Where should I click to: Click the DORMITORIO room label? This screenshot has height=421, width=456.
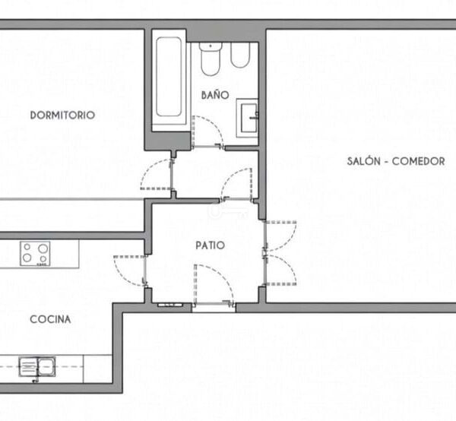click(x=62, y=116)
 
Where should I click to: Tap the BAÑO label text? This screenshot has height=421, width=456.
click(x=215, y=95)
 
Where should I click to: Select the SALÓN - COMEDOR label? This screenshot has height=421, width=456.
click(x=396, y=161)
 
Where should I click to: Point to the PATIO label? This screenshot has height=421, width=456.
click(x=211, y=245)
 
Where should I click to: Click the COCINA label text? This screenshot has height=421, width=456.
click(x=50, y=319)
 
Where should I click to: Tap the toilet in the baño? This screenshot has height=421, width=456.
click(x=211, y=59)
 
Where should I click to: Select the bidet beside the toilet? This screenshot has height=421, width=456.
click(x=240, y=55)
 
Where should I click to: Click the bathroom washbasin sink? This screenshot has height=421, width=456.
click(x=247, y=118)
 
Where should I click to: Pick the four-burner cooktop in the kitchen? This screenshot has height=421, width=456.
click(x=35, y=254)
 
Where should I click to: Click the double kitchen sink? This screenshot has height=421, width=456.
click(x=37, y=366)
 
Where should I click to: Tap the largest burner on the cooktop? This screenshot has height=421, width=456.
click(x=43, y=248)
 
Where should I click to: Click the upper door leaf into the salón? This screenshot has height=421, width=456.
click(x=280, y=236)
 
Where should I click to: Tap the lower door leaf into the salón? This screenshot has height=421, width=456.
click(x=280, y=270)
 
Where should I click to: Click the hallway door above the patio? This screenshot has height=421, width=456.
click(x=236, y=185)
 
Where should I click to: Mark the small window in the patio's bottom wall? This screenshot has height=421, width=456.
click(x=170, y=305)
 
